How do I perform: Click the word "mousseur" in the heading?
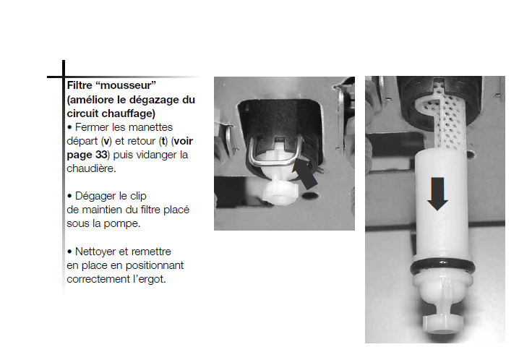(126, 85)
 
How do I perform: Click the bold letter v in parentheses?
(106, 141)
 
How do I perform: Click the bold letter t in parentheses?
(163, 141)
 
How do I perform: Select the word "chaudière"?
(91, 168)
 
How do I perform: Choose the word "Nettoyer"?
(96, 252)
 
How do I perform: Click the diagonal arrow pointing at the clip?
(305, 173)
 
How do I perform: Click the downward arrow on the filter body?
(437, 194)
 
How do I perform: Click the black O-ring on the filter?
(442, 267)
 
